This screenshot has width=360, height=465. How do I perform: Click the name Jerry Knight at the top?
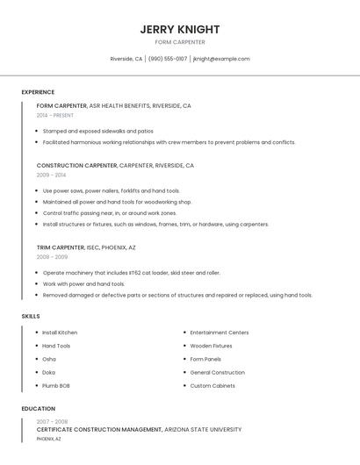(179, 29)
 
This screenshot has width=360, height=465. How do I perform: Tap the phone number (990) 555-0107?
(168, 59)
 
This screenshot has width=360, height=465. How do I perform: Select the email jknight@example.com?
(221, 59)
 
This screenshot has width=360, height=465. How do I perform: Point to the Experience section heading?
(38, 92)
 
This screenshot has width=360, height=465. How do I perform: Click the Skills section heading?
(31, 316)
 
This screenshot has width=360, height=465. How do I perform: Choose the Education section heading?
(38, 409)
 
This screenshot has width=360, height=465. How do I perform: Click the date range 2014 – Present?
(55, 115)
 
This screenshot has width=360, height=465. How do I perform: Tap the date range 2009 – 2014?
(51, 175)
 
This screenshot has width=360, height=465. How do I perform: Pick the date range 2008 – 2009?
(52, 257)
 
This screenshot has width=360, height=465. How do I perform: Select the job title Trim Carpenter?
(61, 247)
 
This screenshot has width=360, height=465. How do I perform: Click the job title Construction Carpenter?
(76, 165)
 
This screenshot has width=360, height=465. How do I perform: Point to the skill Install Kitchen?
(60, 333)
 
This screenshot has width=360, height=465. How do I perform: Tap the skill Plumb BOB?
(56, 385)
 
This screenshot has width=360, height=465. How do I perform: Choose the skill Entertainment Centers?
(220, 333)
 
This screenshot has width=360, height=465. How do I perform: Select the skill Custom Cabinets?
(212, 385)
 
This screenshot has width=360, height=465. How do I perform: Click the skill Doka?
(49, 372)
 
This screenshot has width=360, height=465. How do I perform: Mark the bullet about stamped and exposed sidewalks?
(97, 131)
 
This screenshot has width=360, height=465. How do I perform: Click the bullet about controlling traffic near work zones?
(109, 213)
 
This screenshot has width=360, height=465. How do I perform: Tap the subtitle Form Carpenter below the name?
(179, 42)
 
